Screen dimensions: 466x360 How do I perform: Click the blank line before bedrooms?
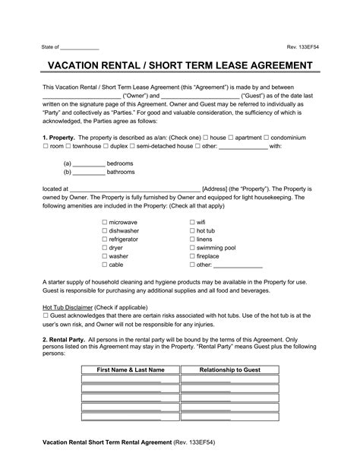click(88, 163)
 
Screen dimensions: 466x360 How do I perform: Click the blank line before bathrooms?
click(88, 173)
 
